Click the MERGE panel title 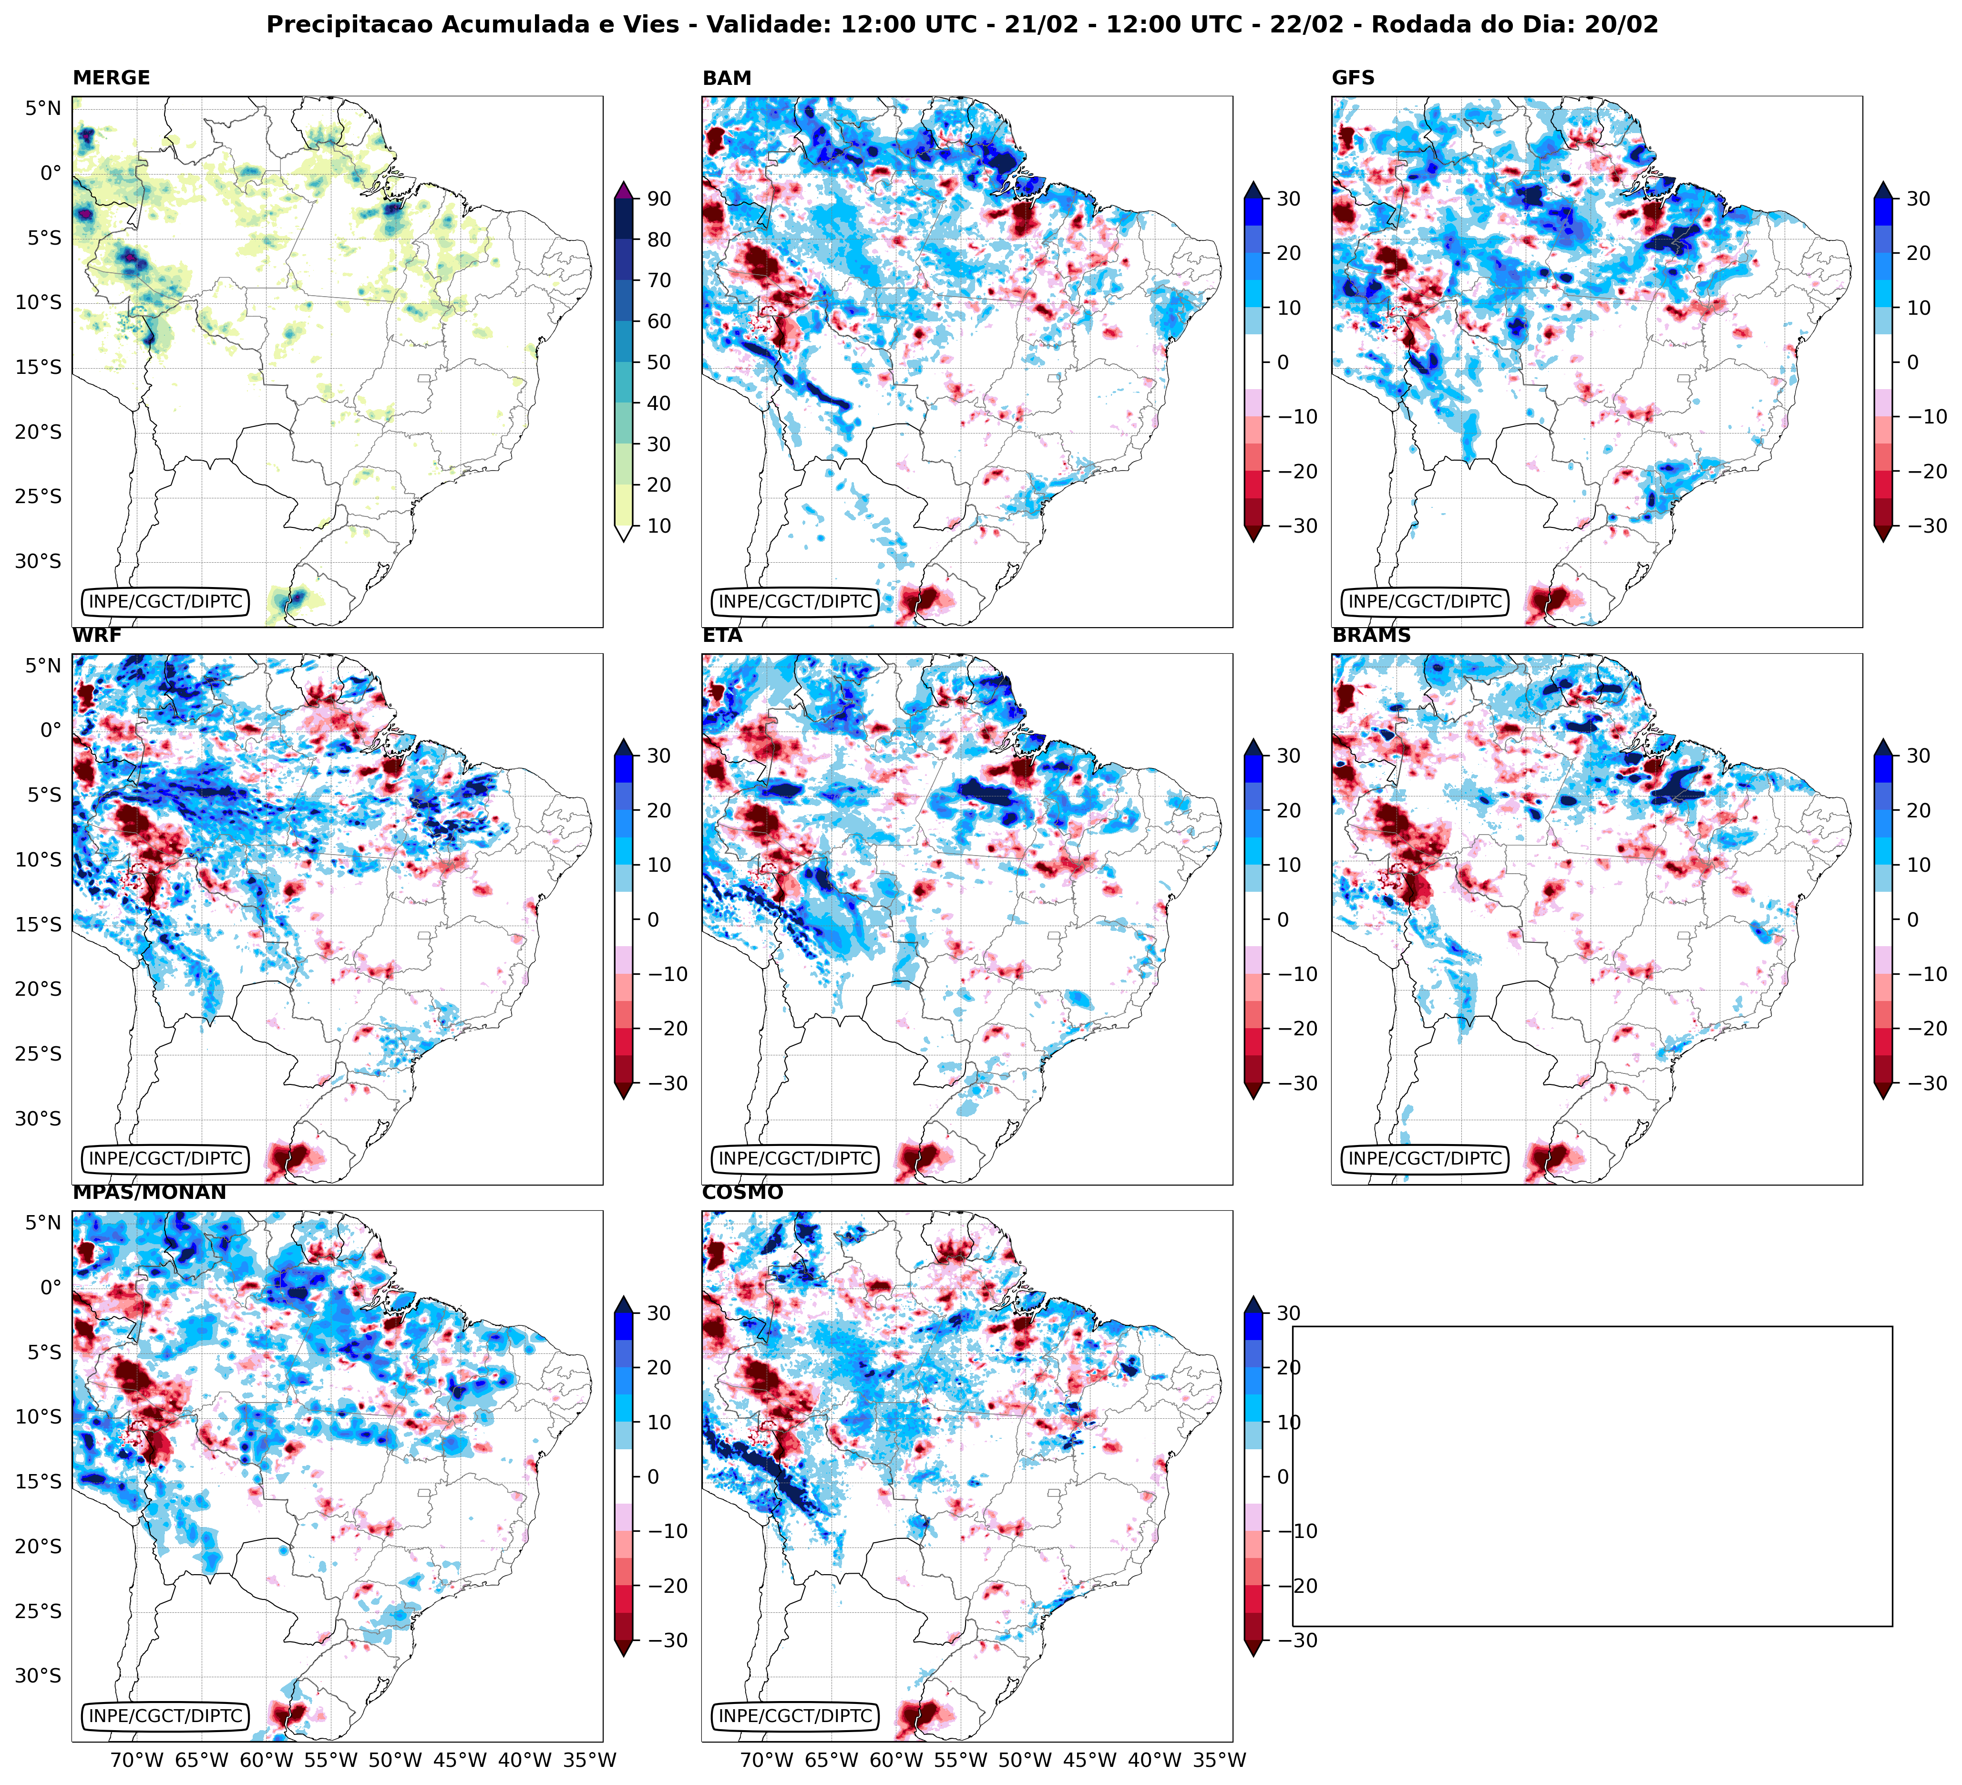[111, 78]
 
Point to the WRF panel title [96, 636]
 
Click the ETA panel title [722, 636]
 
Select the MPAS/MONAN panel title [149, 1192]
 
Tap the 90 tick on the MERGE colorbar [659, 198]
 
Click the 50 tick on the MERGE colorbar [659, 362]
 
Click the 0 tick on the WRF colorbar [652, 920]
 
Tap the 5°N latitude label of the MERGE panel [43, 108]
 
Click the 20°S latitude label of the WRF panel [38, 989]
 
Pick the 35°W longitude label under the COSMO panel [1220, 1760]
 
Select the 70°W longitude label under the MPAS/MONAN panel [136, 1760]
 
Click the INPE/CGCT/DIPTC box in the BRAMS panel [1425, 1159]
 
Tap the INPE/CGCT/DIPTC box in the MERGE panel [165, 601]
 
